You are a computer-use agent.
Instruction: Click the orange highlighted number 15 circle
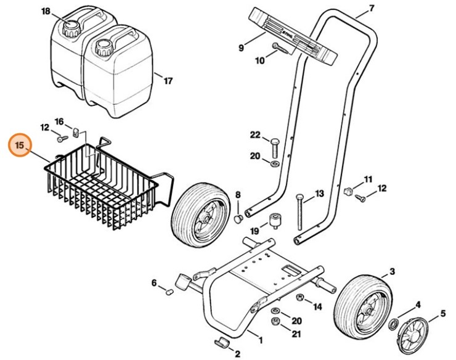[x=19, y=146]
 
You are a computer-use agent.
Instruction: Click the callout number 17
[x=168, y=80]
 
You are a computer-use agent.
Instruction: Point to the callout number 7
[x=371, y=8]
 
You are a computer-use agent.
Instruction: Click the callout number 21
[x=296, y=334]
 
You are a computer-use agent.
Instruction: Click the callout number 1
[x=259, y=339]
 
